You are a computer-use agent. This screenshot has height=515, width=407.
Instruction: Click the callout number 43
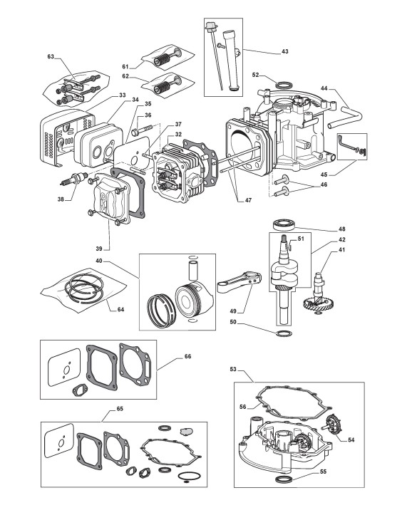click(x=285, y=51)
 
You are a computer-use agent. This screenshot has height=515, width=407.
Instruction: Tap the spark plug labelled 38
click(x=75, y=179)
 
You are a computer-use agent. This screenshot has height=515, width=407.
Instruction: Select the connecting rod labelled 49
click(x=239, y=282)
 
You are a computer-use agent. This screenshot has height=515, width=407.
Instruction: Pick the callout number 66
click(x=187, y=356)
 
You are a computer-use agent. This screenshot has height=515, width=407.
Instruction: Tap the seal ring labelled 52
click(x=284, y=85)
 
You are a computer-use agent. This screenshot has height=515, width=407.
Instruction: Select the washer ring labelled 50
click(x=284, y=334)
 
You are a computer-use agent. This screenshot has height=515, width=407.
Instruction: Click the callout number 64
click(x=120, y=309)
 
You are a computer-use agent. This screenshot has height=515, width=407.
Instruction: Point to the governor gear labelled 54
click(x=332, y=425)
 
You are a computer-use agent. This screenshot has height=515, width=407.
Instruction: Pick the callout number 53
click(x=233, y=369)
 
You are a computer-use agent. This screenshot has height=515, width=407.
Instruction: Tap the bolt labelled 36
click(x=142, y=130)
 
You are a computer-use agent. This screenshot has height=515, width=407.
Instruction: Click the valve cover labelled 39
click(x=110, y=199)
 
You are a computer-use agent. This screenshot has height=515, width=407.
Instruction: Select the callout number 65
click(x=120, y=409)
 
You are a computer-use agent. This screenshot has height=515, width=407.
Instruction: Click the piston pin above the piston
click(x=192, y=270)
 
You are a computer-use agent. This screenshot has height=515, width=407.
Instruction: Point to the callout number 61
click(x=125, y=67)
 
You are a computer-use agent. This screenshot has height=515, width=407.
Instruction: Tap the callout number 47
click(x=248, y=200)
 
